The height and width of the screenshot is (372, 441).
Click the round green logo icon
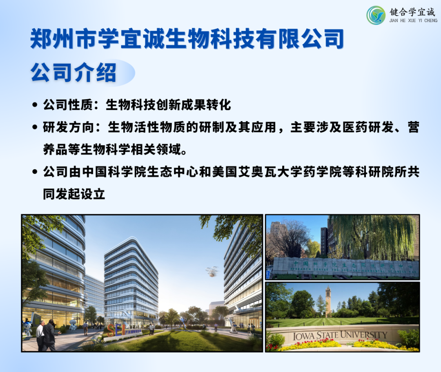click(376, 15)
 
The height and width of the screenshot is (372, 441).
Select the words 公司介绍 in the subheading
click(73, 73)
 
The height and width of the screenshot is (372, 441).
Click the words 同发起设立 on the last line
click(74, 194)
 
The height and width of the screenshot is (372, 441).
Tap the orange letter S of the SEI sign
click(111, 330)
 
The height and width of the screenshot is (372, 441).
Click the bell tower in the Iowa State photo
click(328, 301)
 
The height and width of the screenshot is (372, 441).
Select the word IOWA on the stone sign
click(303, 337)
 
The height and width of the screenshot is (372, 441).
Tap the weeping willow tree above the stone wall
click(372, 237)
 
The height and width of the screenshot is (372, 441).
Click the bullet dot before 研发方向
click(35, 128)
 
